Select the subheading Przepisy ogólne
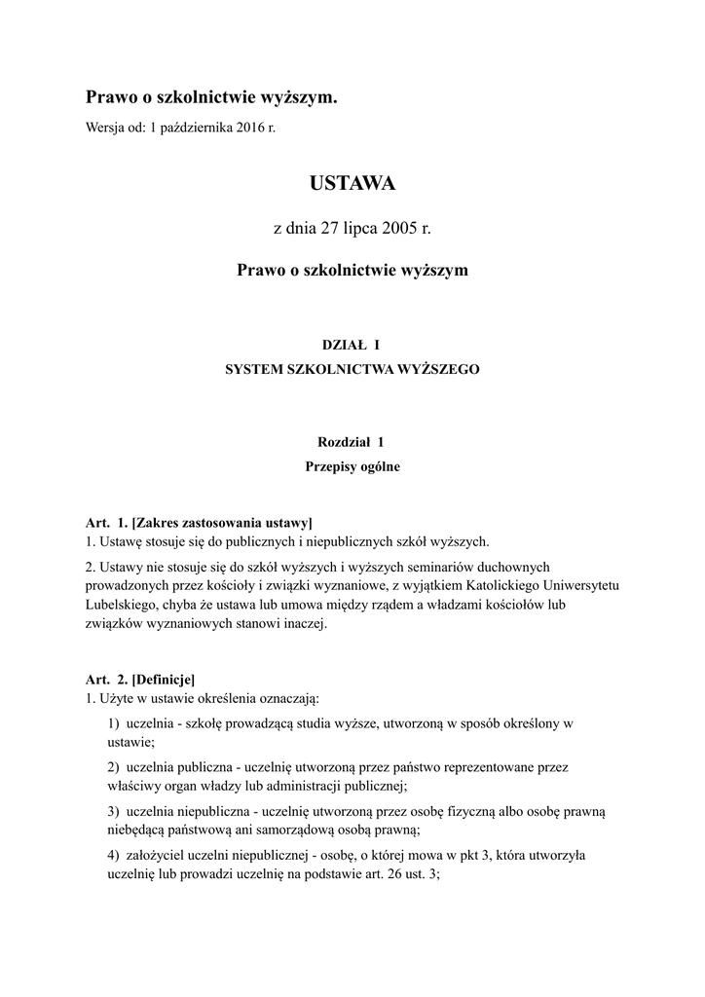tap(352, 466)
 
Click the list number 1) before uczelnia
tap(114, 723)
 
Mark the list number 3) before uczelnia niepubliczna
tap(114, 811)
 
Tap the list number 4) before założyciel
tap(114, 855)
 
